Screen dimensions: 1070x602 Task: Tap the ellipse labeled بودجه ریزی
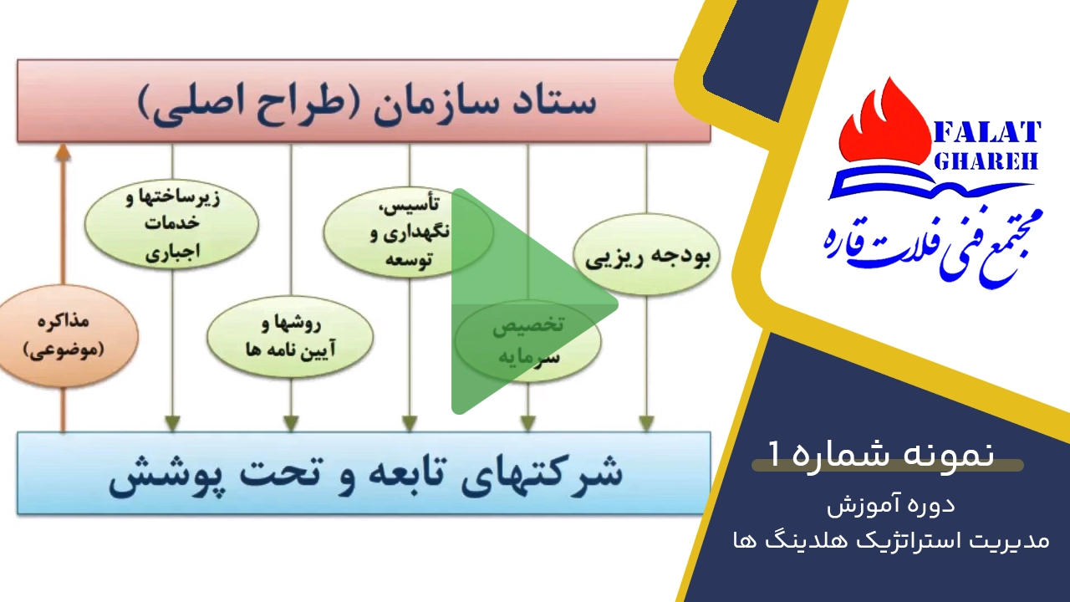(x=646, y=253)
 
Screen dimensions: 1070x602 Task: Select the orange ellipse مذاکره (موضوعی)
(x=64, y=336)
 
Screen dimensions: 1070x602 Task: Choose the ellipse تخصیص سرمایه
(x=527, y=340)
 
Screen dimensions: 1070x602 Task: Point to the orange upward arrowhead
(x=64, y=152)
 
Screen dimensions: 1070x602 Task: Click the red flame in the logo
(x=885, y=126)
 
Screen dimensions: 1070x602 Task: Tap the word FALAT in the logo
(x=986, y=132)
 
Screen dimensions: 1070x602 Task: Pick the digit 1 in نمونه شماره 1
(x=774, y=454)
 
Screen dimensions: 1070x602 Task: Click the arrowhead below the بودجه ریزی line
(x=646, y=423)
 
